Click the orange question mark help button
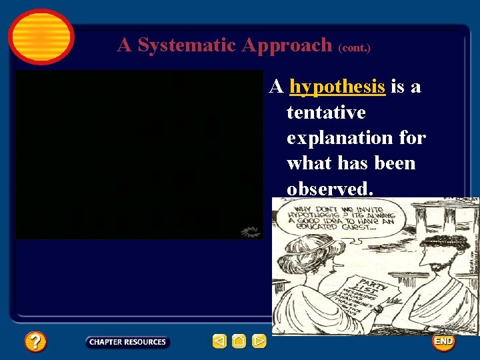click(35, 342)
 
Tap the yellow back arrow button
click(219, 342)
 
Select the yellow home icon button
click(239, 342)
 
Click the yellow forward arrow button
click(259, 342)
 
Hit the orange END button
click(443, 341)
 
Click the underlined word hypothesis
click(337, 87)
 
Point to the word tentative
click(326, 113)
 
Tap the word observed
click(329, 189)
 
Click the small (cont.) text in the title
click(354, 48)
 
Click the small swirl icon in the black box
click(249, 231)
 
